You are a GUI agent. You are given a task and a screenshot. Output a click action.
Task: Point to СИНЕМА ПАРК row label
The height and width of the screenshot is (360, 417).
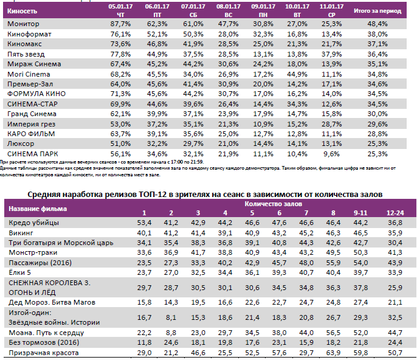tap(33, 154)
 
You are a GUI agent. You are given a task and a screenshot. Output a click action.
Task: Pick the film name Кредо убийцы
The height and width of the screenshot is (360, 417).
tap(31, 223)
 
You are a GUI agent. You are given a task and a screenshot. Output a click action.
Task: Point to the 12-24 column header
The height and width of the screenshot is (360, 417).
tap(395, 212)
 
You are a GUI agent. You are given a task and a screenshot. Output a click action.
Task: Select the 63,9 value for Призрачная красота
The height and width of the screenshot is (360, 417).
tap(334, 353)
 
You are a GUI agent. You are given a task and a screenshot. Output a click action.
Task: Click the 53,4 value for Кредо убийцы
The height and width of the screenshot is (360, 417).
tap(143, 223)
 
